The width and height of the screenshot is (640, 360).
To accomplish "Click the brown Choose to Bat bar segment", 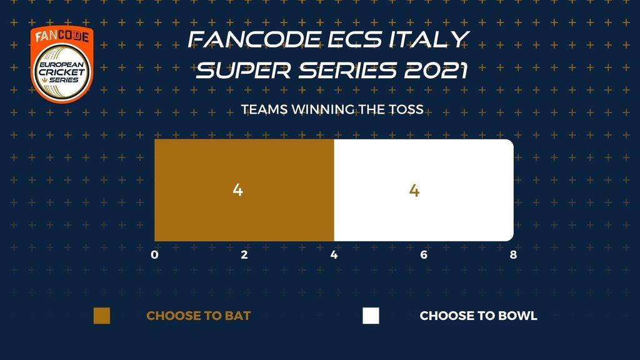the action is click(x=244, y=190).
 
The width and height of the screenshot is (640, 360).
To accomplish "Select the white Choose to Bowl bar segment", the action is click(x=424, y=190).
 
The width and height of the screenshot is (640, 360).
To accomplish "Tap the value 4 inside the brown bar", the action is click(x=238, y=190).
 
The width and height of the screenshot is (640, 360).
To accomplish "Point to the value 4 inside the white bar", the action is click(x=414, y=191).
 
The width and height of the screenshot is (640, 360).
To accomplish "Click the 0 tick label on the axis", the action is click(x=154, y=255).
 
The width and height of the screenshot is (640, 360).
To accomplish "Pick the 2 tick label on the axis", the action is click(x=244, y=255).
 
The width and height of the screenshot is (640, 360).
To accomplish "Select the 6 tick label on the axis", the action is click(x=424, y=255).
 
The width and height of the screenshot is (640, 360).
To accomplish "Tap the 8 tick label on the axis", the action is click(x=514, y=255).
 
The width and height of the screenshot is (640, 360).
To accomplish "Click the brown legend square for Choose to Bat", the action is click(x=102, y=316).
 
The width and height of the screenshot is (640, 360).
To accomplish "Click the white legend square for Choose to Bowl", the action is click(x=371, y=316).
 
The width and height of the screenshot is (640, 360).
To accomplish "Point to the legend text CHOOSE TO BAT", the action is click(x=198, y=316).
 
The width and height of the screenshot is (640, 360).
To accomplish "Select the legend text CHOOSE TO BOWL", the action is click(x=478, y=316).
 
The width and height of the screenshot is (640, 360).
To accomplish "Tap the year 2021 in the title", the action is click(x=436, y=70).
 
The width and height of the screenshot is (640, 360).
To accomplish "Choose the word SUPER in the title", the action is click(x=244, y=70).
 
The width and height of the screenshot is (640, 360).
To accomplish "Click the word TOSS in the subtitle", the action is click(x=405, y=109).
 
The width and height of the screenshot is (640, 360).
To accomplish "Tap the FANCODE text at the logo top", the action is click(x=62, y=36).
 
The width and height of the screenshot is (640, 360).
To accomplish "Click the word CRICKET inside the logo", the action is click(x=62, y=72).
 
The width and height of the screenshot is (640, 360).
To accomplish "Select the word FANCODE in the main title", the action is click(x=254, y=39).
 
